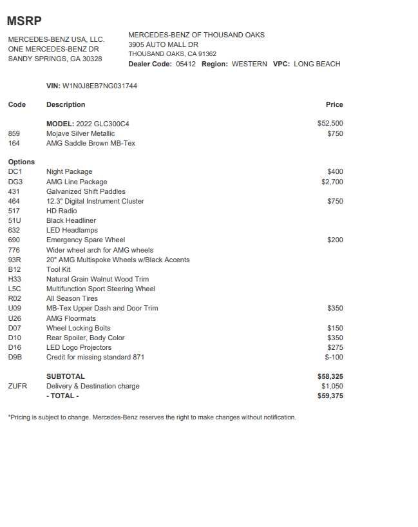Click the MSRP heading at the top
pos(24,21)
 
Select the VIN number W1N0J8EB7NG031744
pos(100,86)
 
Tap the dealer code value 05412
pos(185,64)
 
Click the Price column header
pos(334,104)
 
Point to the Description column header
pos(66,104)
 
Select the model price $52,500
pos(330,123)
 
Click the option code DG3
pos(15,182)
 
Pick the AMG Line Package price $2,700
pos(332,182)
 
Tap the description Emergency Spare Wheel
pos(86,240)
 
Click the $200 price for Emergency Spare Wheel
pos(335,240)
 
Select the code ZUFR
pos(19,386)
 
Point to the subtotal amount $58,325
pos(330,376)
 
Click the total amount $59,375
pos(330,396)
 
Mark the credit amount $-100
pos(334,357)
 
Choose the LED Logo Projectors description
pos(79,347)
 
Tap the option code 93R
pos(15,260)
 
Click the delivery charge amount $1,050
pos(332,386)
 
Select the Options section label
pos(21,162)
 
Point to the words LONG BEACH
pos(317,64)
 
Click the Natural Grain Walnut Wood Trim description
pos(97,279)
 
